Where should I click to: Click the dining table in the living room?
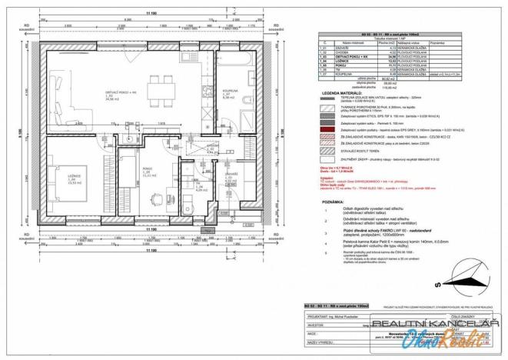(158, 84)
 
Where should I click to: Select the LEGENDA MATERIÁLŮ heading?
(339, 93)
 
